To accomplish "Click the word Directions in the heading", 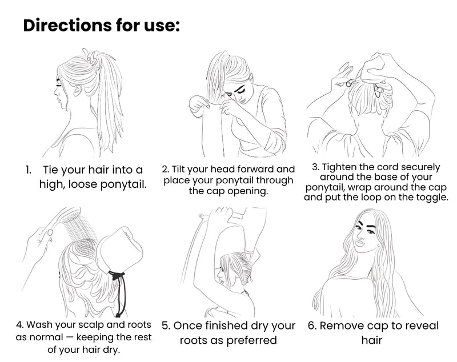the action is (x=67, y=25).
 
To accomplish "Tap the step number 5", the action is (x=166, y=325).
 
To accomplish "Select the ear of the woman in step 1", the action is (x=77, y=90).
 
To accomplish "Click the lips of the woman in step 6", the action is (x=360, y=243).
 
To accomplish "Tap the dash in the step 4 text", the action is (x=69, y=337).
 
